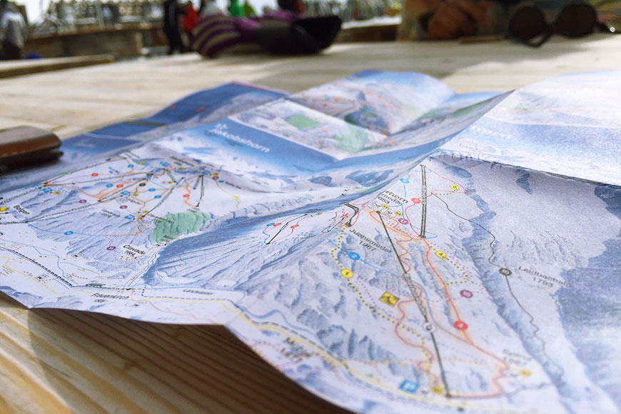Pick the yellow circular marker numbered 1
pyautogui.click(x=347, y=273)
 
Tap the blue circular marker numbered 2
pyautogui.click(x=353, y=256)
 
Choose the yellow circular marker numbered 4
pyautogui.click(x=440, y=254)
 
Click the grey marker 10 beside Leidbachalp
pyautogui.click(x=505, y=271)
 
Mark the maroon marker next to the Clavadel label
pyautogui.click(x=111, y=248)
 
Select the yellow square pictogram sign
pyautogui.click(x=388, y=298)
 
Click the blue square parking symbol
pyautogui.click(x=409, y=385)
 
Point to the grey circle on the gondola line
pyautogui.click(x=428, y=326)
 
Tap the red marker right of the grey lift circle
pyautogui.click(x=460, y=325)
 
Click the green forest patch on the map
pyautogui.click(x=178, y=225)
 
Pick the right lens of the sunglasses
pyautogui.click(x=577, y=19)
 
